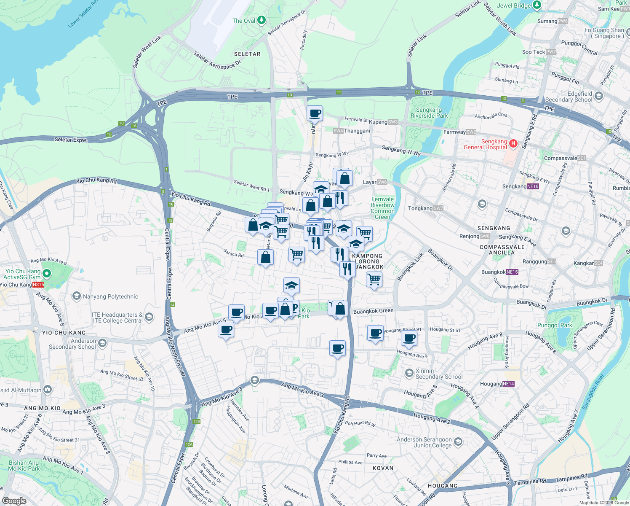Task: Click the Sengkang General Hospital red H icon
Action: point(513,143)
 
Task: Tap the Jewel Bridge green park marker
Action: point(537,5)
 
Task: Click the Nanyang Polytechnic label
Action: point(110,296)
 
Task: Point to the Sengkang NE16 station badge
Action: point(533,186)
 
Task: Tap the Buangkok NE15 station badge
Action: point(512,272)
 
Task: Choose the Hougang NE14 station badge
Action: point(508,384)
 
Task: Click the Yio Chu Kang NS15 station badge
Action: point(38,285)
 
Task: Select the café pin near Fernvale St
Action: point(315,113)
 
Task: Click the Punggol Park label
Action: point(555,325)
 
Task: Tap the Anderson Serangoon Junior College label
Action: point(424,442)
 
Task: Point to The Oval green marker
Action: point(262,20)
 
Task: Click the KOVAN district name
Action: point(383,468)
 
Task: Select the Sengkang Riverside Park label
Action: point(429,113)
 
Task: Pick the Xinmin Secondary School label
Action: point(439,374)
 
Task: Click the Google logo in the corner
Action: point(14,501)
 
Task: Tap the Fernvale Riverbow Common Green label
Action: point(382,208)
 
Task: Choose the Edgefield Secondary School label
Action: point(569,97)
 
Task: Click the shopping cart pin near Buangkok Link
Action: point(374,280)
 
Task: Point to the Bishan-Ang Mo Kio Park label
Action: point(24,466)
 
